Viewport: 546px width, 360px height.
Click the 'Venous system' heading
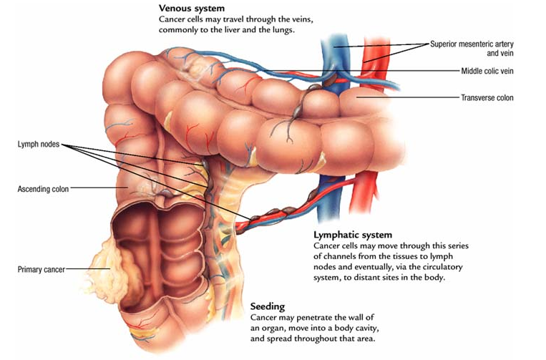(192, 9)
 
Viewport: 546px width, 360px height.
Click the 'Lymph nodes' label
(37, 145)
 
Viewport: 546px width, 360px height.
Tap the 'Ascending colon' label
(42, 189)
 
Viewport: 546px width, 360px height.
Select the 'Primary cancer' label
(40, 269)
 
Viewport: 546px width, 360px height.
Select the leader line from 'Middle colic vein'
(386, 71)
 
